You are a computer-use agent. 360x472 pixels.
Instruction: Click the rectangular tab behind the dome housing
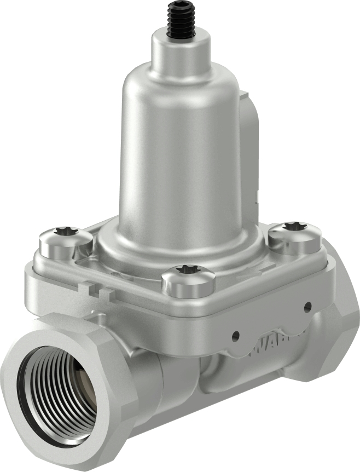(252, 126)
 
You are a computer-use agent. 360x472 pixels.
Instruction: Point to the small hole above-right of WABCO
(307, 306)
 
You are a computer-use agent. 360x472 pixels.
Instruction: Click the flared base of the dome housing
(181, 246)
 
